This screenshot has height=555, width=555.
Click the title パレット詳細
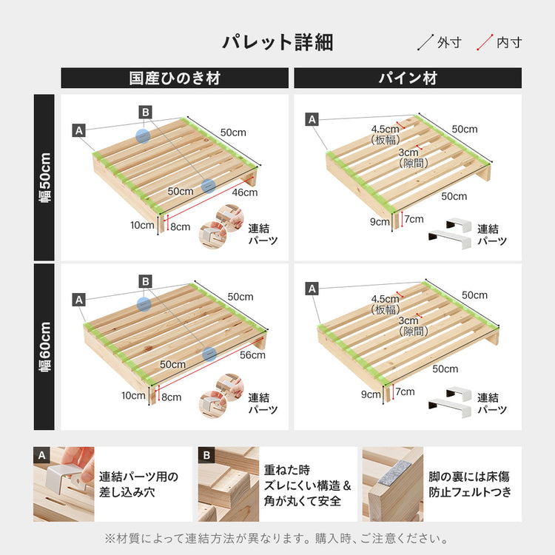point(277,42)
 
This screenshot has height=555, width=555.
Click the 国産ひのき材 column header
point(175,78)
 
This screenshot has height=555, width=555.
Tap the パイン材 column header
point(408,78)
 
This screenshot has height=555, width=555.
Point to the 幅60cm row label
point(44,346)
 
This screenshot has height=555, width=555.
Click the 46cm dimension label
point(244,193)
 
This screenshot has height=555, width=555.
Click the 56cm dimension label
point(252,355)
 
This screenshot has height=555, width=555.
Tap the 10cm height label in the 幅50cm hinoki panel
point(142,225)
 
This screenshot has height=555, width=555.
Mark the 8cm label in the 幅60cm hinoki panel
point(171,397)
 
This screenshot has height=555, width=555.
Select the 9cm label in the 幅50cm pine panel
point(380,222)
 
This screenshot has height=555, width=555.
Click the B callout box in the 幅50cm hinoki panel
point(146,112)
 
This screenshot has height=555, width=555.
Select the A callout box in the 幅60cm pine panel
point(312,289)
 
